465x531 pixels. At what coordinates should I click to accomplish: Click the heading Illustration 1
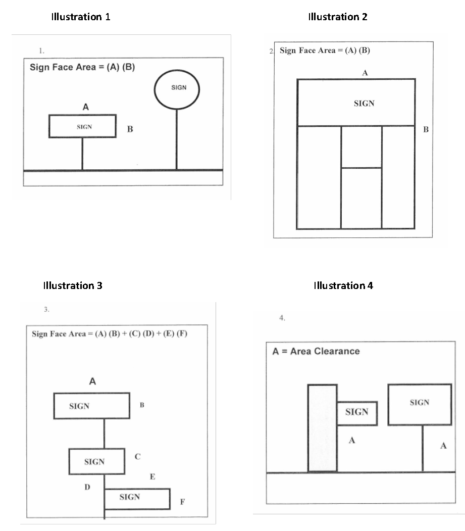[x=81, y=17]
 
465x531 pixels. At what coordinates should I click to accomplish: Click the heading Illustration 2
[x=338, y=17]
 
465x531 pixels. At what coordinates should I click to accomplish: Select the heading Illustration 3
[x=73, y=285]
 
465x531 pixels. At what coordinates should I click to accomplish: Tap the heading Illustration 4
[x=343, y=285]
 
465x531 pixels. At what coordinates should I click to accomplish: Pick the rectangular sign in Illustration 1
[x=82, y=126]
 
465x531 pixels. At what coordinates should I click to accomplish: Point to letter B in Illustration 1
[x=130, y=129]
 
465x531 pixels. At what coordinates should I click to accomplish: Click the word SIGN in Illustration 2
[x=364, y=104]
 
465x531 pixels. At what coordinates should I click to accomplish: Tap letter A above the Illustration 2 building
[x=365, y=73]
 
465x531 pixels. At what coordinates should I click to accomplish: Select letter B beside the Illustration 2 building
[x=426, y=129]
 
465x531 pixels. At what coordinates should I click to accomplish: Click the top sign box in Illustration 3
[x=91, y=406]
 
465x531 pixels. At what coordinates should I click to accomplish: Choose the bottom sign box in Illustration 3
[x=137, y=498]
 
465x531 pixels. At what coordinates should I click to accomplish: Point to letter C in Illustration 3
[x=137, y=456]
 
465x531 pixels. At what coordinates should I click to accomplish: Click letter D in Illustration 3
[x=87, y=487]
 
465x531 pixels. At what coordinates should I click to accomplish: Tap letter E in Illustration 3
[x=152, y=477]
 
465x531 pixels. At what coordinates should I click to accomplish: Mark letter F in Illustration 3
[x=182, y=502]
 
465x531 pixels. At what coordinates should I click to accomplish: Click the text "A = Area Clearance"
[x=316, y=351]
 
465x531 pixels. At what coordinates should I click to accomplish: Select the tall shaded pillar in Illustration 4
[x=322, y=428]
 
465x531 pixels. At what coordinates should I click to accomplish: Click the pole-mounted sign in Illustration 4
[x=419, y=404]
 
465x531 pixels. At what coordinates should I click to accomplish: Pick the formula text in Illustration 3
[x=110, y=334]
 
